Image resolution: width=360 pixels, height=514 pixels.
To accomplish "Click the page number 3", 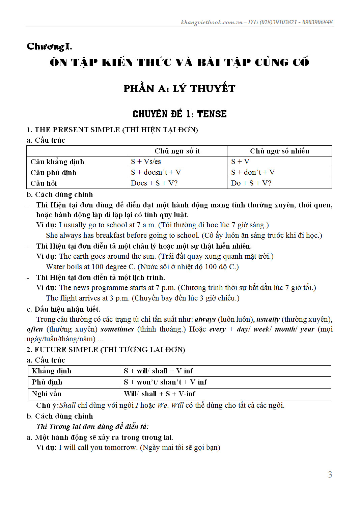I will point(330,475).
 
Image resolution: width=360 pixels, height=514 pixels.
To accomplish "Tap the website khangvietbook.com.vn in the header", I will point(212,22).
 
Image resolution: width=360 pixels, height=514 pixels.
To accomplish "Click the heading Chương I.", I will point(49,46).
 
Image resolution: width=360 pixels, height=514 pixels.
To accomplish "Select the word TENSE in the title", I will point(212,114).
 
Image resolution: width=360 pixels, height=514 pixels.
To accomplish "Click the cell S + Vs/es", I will point(146,162).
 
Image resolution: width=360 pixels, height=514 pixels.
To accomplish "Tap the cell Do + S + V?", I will point(251,183).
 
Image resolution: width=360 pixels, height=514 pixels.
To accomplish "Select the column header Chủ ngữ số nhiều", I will point(279,151).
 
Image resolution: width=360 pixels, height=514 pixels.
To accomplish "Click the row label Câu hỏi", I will point(44,183).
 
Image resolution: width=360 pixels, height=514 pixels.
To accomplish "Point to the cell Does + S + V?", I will point(154,183).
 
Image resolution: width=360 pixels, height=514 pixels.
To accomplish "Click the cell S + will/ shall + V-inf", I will point(158,371).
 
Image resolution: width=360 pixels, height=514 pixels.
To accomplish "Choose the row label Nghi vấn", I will point(47,394).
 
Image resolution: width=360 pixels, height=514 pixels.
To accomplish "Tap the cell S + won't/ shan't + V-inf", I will point(165,382).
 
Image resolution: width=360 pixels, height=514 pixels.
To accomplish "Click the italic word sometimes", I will point(117,329).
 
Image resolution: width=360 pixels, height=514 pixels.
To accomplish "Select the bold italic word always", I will point(205,319).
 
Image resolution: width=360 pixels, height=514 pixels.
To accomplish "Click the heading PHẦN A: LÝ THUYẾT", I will point(179,89).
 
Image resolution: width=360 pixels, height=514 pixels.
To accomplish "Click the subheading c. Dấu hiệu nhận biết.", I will point(63,309).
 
